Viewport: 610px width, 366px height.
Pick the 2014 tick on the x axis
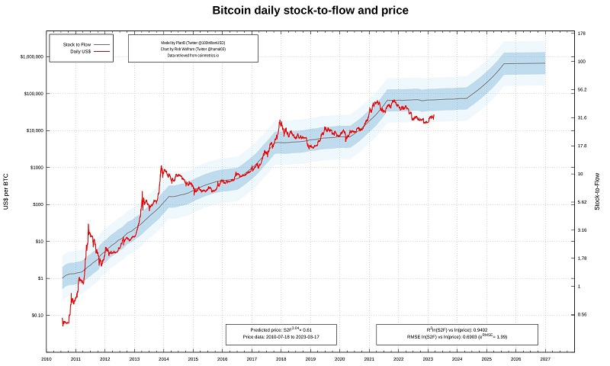coord(163,358)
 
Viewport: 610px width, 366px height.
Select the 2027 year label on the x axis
coord(545,358)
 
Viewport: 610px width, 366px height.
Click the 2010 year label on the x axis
coord(46,358)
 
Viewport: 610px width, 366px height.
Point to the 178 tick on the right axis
coord(581,34)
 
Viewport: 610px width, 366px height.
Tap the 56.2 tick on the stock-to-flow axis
coord(582,89)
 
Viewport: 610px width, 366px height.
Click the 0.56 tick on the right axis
coord(582,314)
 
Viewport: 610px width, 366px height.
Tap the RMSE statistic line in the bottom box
coord(457,336)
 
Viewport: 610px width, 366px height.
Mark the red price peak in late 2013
coord(161,166)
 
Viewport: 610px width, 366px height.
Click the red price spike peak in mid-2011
coord(88,224)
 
